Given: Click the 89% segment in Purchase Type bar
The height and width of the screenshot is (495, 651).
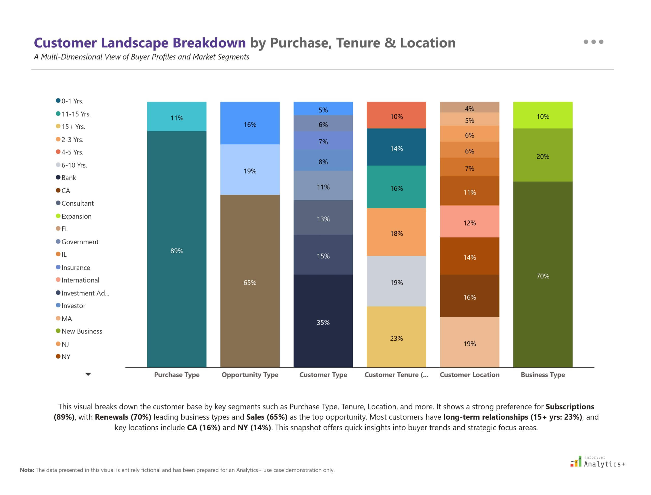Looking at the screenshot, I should (177, 250).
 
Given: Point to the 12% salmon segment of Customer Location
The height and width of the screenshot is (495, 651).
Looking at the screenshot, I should (469, 222).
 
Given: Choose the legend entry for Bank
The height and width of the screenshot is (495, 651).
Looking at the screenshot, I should (68, 178).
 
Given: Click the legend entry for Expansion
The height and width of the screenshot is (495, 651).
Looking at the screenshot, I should (76, 216).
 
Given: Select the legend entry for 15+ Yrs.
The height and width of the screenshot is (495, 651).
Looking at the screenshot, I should (73, 126).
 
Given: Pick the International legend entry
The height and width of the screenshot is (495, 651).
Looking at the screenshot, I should (80, 280).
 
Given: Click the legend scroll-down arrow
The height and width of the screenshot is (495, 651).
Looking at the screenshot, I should (88, 374).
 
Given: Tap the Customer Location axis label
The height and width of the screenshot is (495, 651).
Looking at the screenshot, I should (469, 374).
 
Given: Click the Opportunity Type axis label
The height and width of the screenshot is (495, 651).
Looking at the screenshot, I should (250, 374).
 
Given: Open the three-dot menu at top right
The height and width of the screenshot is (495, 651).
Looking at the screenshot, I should (593, 42).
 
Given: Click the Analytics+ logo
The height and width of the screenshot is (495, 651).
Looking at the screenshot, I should (598, 462).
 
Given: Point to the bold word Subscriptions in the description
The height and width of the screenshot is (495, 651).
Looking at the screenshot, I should (569, 407).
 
